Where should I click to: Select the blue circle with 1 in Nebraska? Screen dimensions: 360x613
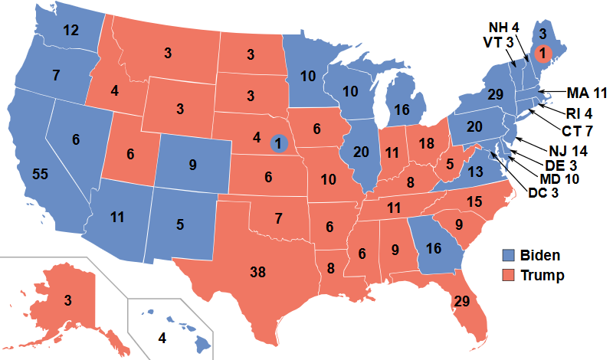coord(279,142)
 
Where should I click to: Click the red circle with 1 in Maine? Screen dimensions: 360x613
coord(542,54)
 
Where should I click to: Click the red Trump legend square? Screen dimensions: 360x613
coord(507,275)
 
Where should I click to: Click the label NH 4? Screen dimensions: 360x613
coord(505,27)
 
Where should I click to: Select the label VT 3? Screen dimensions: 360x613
coord(500,41)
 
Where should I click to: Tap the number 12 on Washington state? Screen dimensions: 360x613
coord(70,31)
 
